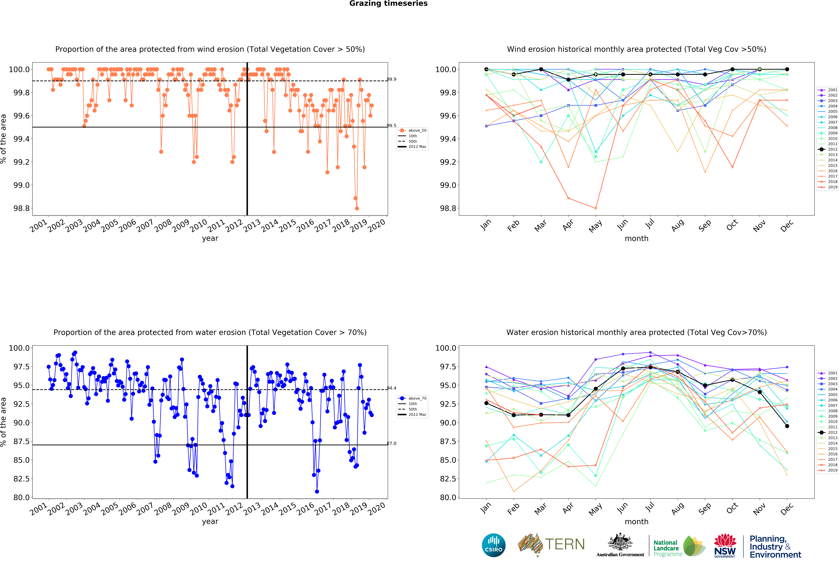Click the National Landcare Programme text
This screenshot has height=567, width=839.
pyautogui.click(x=668, y=548)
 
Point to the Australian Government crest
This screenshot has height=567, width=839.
pyautogui.click(x=620, y=542)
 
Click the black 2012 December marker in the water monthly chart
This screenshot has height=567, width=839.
pyautogui.click(x=787, y=426)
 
